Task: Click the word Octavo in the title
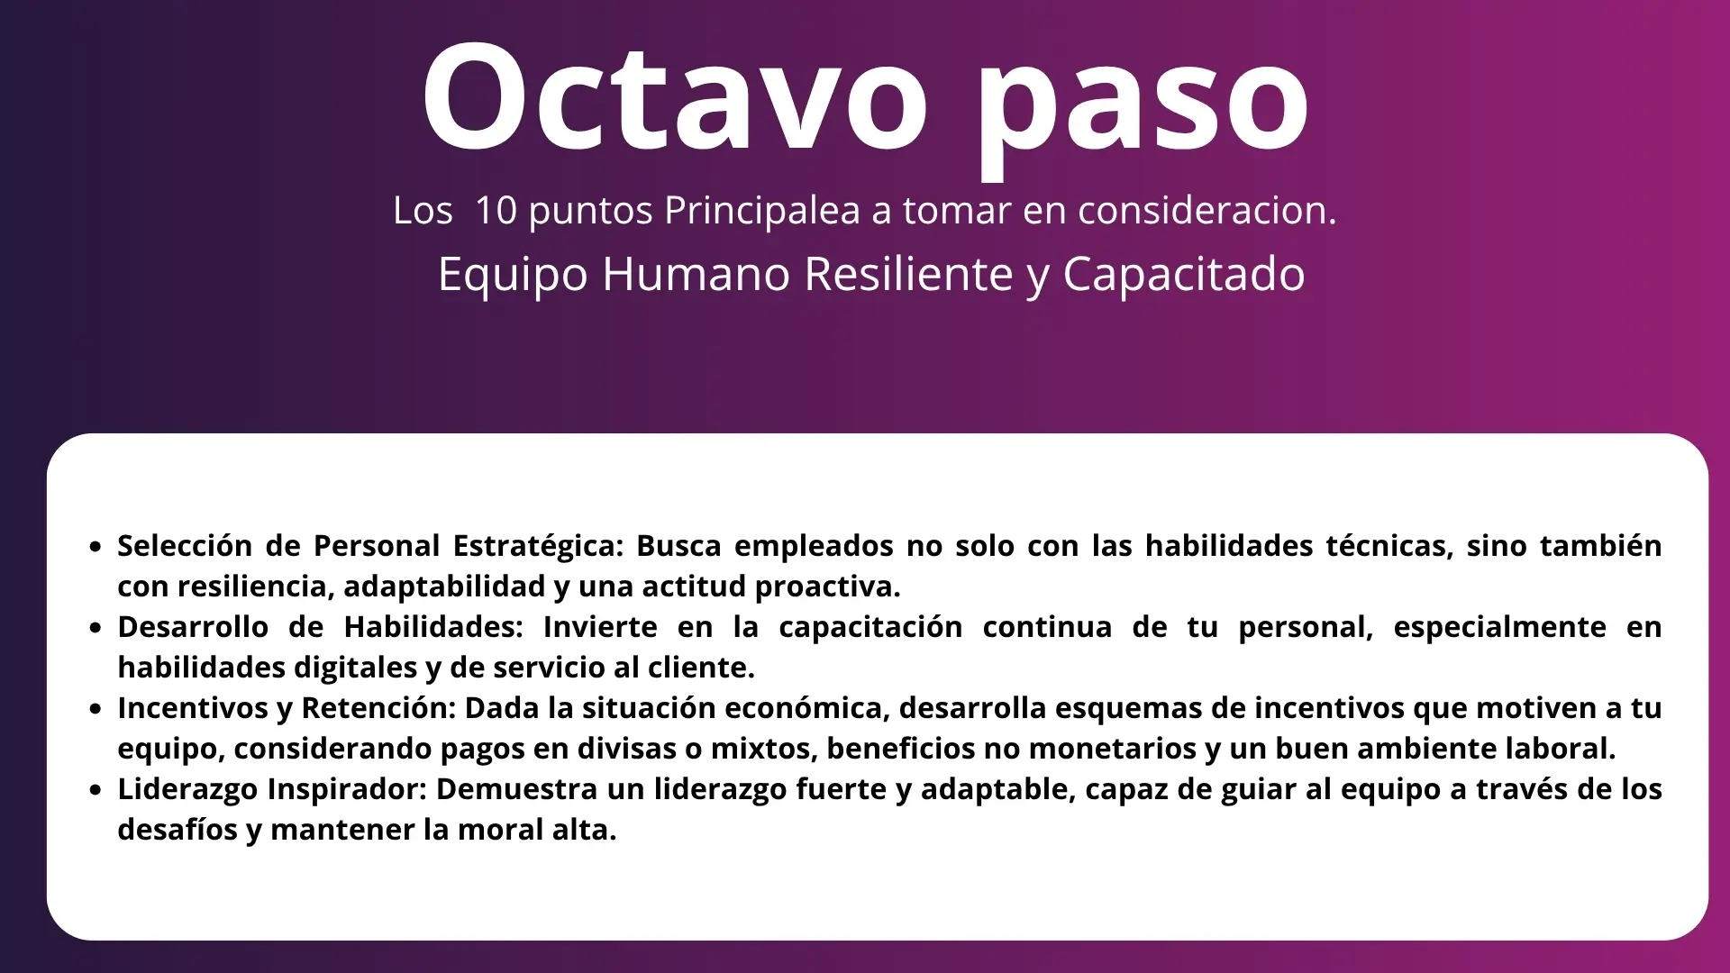click(675, 97)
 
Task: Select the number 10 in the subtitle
click(496, 210)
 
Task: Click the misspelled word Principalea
click(762, 211)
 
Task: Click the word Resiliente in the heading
click(908, 274)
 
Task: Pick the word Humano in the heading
click(697, 274)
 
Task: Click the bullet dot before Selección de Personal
click(96, 547)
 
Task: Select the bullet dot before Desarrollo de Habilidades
click(96, 628)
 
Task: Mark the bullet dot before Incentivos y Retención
click(96, 709)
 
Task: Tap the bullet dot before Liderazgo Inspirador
click(96, 790)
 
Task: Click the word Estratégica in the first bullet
click(538, 546)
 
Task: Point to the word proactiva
click(828, 587)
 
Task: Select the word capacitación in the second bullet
click(870, 627)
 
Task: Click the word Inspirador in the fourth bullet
click(347, 789)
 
